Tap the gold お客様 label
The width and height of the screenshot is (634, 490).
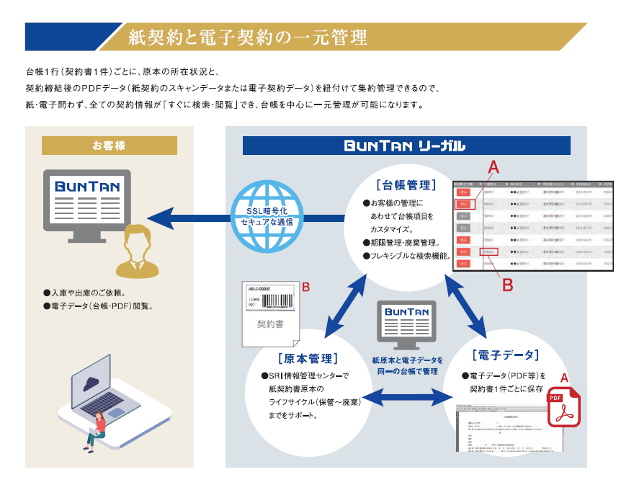(x=109, y=146)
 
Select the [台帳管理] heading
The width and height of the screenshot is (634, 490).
(x=406, y=185)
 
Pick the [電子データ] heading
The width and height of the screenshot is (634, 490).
(x=505, y=355)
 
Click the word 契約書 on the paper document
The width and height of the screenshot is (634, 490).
(x=270, y=324)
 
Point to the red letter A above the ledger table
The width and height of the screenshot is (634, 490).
(x=493, y=167)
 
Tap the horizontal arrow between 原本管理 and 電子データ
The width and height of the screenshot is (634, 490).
(x=408, y=396)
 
